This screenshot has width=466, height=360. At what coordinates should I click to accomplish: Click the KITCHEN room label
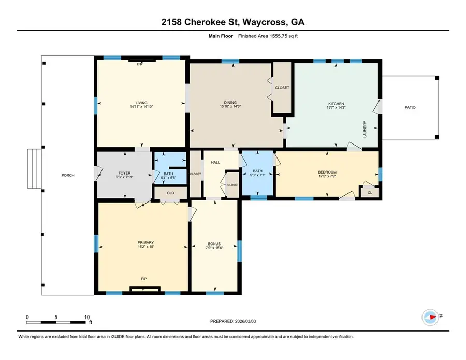click(336, 104)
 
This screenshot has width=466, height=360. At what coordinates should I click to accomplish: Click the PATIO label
click(410, 107)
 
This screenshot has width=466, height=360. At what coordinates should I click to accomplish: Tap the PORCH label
click(68, 175)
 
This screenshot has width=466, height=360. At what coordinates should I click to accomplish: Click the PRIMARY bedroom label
click(145, 242)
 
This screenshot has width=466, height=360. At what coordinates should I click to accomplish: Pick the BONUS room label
click(214, 243)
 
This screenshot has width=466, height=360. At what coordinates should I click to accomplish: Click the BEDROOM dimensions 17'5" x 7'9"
click(327, 177)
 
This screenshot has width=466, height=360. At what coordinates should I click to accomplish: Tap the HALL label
click(215, 162)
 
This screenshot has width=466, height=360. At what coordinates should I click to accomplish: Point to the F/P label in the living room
click(139, 65)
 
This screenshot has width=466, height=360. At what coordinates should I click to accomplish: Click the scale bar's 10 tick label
click(86, 317)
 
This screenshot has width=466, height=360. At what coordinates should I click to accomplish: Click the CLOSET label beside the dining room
click(282, 88)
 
